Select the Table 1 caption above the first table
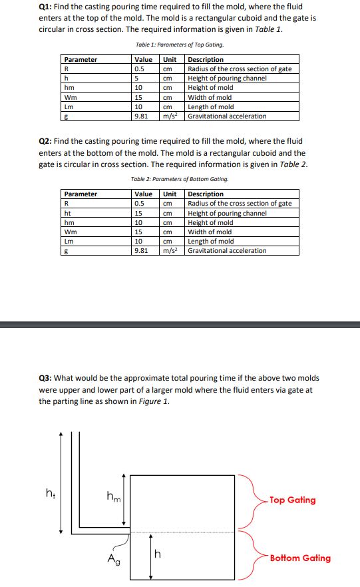tap(179, 45)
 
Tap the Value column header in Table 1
tap(142, 60)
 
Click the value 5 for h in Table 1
tap(136, 79)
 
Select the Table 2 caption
tap(179, 179)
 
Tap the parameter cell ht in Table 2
tap(67, 213)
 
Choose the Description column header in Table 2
tap(206, 194)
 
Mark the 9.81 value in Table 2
tap(141, 250)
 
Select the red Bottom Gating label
tap(299, 558)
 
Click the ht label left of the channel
tap(49, 493)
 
